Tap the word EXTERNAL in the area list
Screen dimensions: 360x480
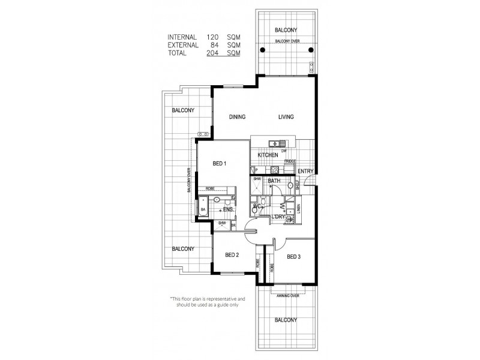coord(182,44)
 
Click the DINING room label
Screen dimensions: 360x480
coord(237,117)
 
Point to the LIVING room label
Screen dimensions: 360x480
coord(286,117)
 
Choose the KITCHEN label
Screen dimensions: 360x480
coord(268,155)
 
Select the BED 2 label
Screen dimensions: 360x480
coord(232,255)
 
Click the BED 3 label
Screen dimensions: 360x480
coord(293,257)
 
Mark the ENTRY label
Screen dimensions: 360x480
coord(305,172)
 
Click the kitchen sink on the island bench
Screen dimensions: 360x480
coord(277,143)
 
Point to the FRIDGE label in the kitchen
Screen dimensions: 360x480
coord(290,161)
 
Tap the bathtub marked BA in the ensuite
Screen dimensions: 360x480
coord(203,209)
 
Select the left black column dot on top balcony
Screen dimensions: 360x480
coord(262,50)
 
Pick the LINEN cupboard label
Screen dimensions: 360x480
coord(298,209)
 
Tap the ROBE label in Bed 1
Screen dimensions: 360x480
coord(210,189)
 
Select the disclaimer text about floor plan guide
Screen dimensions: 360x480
coord(199,301)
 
